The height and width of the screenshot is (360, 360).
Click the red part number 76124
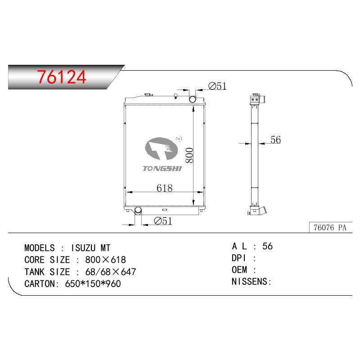(x=62, y=77)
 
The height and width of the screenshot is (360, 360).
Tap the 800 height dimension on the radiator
(x=189, y=155)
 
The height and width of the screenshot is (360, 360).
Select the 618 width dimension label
(x=164, y=188)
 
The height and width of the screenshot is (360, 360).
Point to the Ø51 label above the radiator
(x=217, y=86)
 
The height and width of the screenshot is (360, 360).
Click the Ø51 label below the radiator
(x=163, y=221)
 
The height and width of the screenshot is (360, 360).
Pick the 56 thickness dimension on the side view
(x=275, y=139)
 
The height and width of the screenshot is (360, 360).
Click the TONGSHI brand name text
(x=162, y=168)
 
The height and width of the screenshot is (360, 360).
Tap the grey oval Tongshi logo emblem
(x=162, y=148)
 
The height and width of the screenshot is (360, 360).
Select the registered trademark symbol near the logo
(x=179, y=139)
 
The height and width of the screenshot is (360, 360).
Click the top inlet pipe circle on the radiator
(x=192, y=99)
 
